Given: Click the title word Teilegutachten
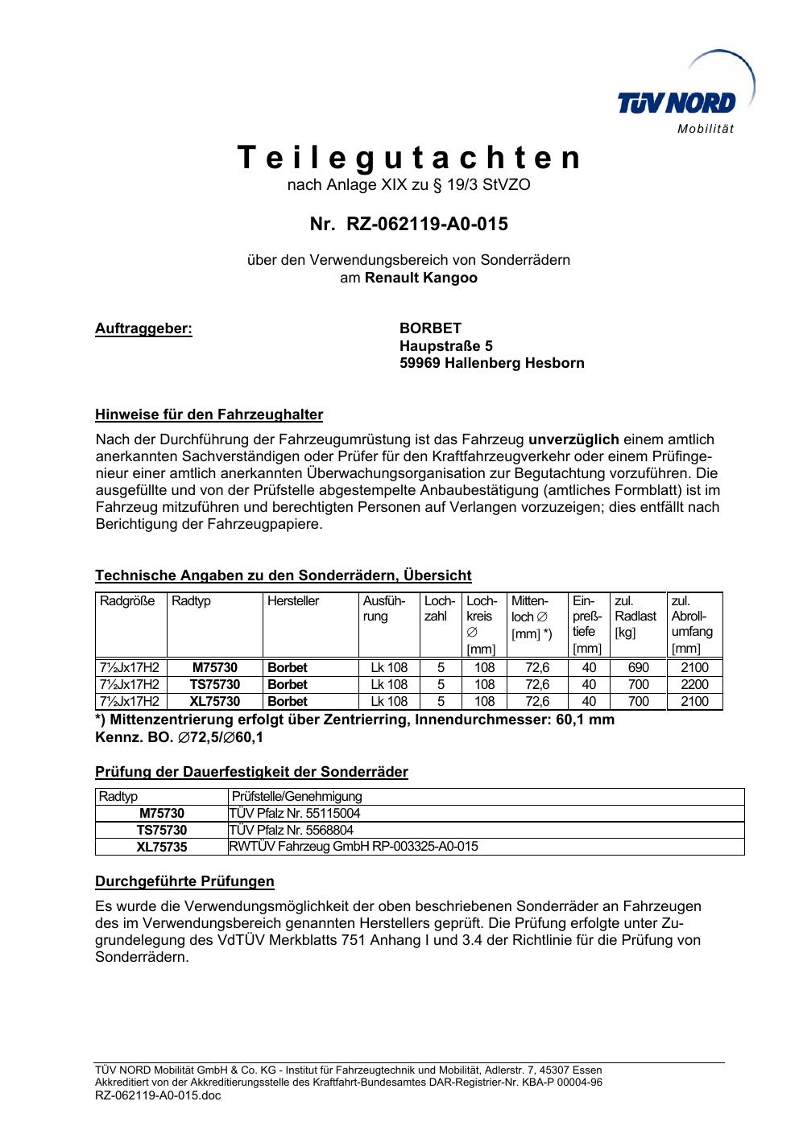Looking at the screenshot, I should pos(409,159).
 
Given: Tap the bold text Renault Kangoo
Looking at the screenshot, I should pos(421,278).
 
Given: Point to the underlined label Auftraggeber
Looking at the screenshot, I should pos(144,328).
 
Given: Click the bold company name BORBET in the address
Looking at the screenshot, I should pos(430,328).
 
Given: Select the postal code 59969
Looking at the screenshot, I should pos(420,363).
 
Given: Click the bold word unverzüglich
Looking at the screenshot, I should pos(573,439).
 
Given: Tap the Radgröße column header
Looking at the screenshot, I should pos(127,601).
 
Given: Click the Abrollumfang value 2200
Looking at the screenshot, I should pos(694,684).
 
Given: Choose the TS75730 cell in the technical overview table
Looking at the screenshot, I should pos(214,684).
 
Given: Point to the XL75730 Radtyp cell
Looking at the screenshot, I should pos(214,701).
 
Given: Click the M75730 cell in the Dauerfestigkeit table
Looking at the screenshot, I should pos(161,813).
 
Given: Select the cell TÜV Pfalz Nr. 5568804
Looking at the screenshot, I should pos(292,830).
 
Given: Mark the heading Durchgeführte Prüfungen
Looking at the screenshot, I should pos(184,881).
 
